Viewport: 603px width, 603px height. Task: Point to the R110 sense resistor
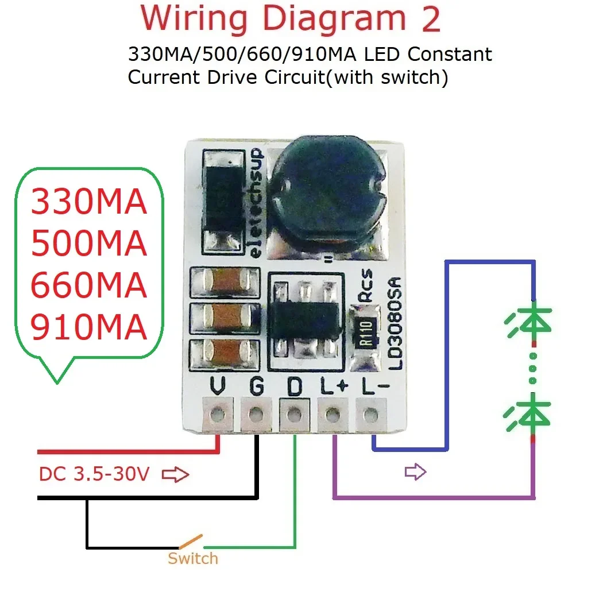[x=367, y=333]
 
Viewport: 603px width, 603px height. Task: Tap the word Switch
[x=192, y=558]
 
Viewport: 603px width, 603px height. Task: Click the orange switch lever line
[x=190, y=541]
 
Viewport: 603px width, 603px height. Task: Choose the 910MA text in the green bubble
[x=88, y=327]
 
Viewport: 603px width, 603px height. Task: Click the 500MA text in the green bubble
[x=88, y=245]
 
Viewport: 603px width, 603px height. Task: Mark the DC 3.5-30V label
[x=94, y=474]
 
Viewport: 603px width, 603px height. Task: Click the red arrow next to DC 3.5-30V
[x=176, y=475]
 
